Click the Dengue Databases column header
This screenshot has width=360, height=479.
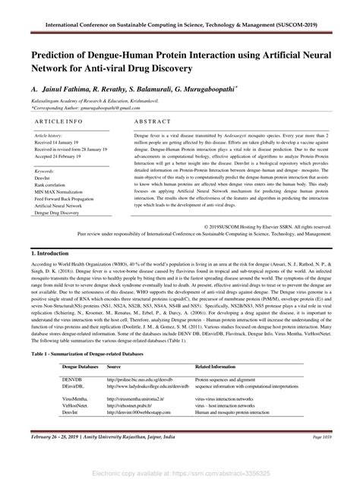pyautogui.click(x=79, y=366)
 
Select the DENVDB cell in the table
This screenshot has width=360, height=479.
pyautogui.click(x=72, y=377)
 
